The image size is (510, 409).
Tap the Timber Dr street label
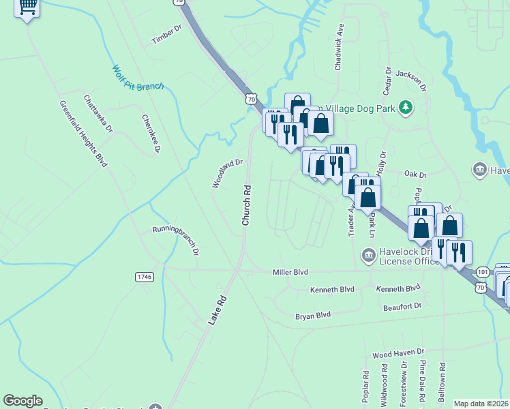coord(168,35)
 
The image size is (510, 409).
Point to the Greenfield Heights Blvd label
coord(84,134)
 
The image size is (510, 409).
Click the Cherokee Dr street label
coord(151,132)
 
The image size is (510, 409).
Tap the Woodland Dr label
coord(227,173)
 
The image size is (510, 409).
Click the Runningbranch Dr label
coord(175,240)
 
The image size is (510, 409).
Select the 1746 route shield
coord(145,277)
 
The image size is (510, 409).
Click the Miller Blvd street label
coord(290,272)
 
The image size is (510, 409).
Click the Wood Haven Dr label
coord(398,355)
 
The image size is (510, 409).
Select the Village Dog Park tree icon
coord(406,107)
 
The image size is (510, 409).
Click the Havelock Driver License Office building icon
coord(368,256)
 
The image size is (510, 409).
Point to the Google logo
coord(22,401)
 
